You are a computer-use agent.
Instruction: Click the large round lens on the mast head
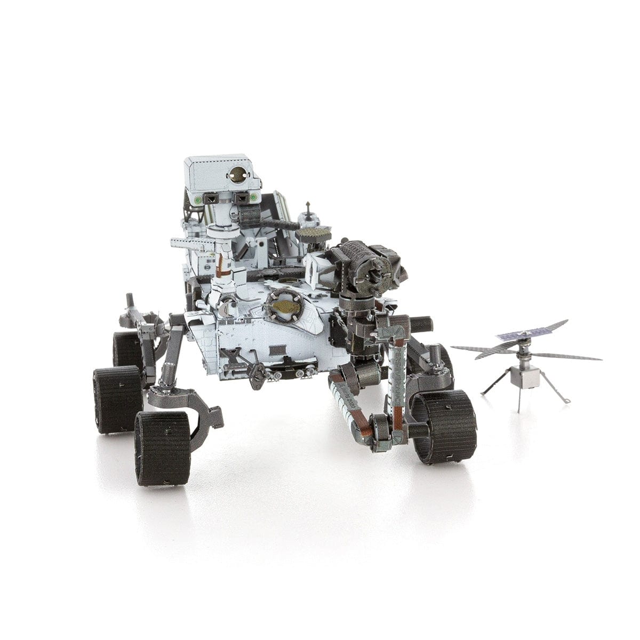click(237, 173)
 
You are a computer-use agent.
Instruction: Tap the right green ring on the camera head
click(255, 198)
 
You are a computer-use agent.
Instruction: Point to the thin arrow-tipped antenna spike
click(308, 207)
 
